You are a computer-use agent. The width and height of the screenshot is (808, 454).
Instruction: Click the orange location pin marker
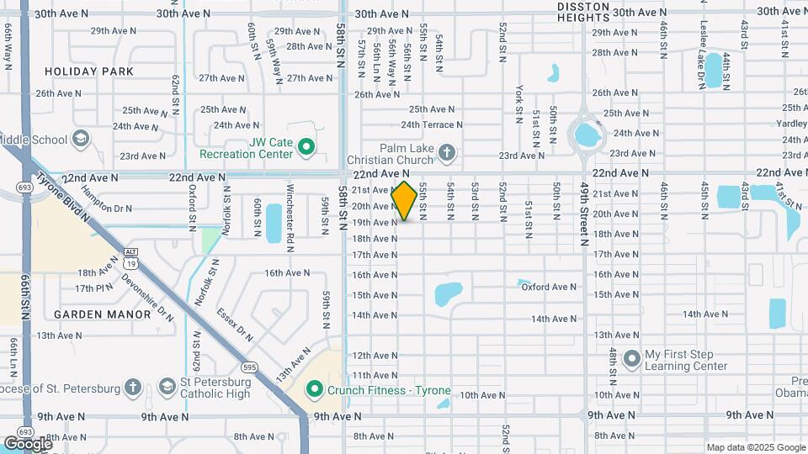tap(405, 201)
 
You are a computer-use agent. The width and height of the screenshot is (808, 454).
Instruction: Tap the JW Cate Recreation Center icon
tap(306, 149)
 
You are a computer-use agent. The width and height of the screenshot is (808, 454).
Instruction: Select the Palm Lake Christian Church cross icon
tap(447, 152)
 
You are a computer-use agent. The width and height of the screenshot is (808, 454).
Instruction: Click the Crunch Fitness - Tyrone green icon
tap(315, 389)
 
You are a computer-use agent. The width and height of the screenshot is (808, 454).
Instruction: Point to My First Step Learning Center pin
tap(633, 361)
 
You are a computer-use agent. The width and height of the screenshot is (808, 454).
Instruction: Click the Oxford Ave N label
tap(549, 287)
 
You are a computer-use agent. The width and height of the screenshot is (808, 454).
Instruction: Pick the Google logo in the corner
tap(28, 443)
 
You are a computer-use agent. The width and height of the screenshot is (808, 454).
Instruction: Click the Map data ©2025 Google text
tap(756, 447)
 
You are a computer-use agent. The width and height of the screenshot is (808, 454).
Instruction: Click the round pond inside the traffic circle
tap(586, 133)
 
